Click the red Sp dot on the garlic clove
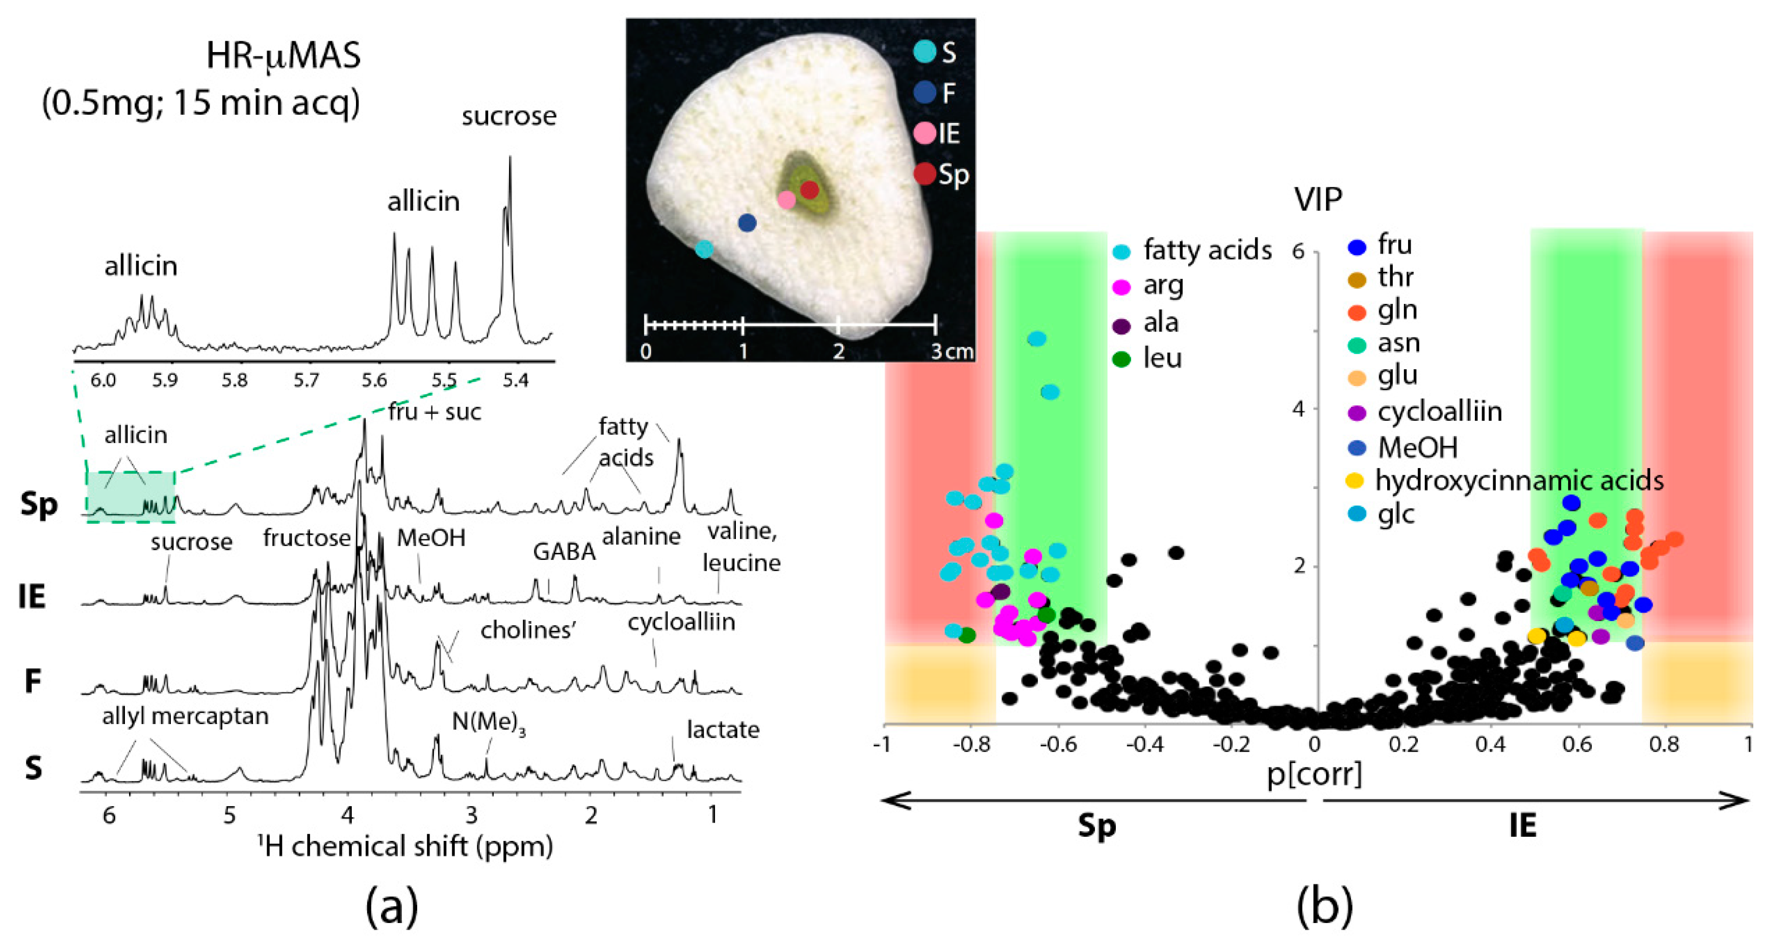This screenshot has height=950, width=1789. [x=809, y=190]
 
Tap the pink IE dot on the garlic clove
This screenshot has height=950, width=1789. [x=786, y=200]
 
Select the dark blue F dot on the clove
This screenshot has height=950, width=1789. [x=747, y=223]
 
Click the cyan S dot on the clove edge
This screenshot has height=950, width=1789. [x=704, y=249]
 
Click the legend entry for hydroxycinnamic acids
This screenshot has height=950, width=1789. [x=1518, y=480]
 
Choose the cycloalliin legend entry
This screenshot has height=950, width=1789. [x=1439, y=412]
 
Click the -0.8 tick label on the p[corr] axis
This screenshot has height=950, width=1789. [x=971, y=744]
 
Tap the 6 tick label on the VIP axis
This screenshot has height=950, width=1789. [x=1298, y=251]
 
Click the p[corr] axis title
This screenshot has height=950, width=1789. [x=1314, y=774]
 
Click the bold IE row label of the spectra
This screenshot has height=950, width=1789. [x=32, y=597]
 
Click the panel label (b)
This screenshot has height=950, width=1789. [x=1324, y=906]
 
